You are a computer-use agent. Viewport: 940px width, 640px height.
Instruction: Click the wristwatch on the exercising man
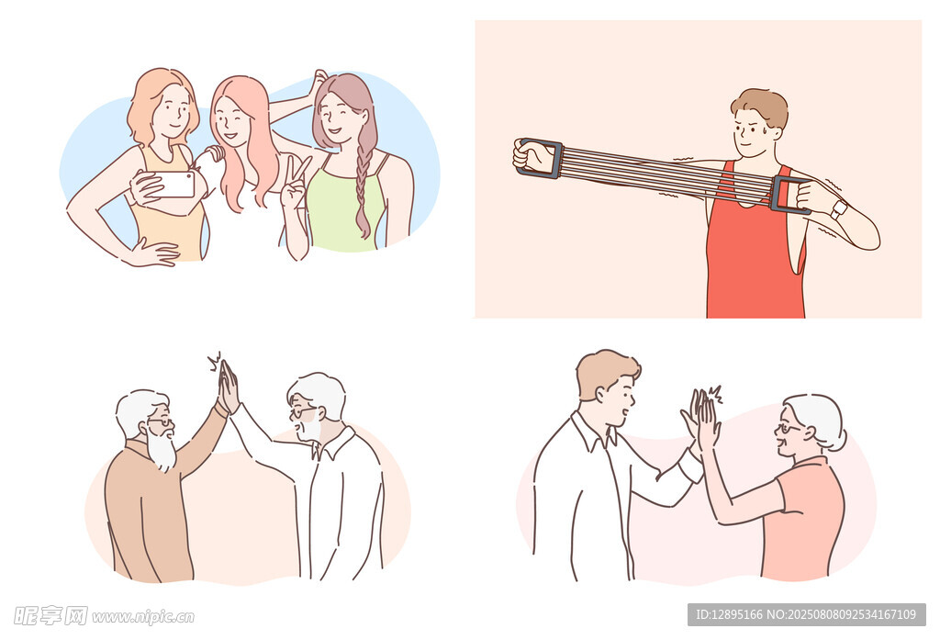(x=839, y=208)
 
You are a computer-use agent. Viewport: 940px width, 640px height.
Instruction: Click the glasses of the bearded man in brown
(x=161, y=421)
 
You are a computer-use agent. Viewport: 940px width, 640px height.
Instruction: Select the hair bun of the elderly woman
(x=837, y=440)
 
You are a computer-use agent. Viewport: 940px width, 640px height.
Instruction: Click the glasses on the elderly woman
(x=788, y=429)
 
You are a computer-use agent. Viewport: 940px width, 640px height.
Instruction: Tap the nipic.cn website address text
(x=143, y=617)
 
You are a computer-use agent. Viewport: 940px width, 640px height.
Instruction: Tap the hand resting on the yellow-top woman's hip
(x=154, y=253)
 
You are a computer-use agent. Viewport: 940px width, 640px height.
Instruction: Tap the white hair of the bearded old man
(x=137, y=410)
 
